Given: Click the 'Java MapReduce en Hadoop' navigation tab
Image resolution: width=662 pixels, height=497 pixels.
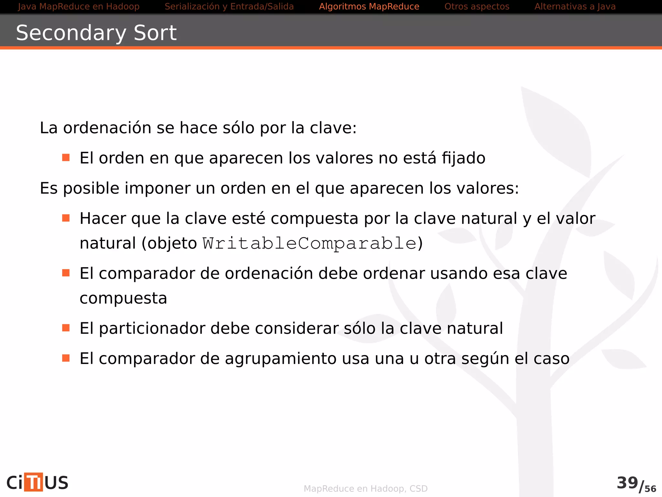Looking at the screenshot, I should coord(79,6).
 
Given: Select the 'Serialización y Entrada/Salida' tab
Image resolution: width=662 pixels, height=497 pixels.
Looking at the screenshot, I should coord(229,6).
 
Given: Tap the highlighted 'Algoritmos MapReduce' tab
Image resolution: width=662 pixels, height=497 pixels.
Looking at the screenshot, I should coord(369,6).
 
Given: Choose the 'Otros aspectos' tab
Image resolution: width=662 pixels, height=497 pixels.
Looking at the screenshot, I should coord(476,6).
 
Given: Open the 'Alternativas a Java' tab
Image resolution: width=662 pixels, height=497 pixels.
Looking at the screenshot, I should coord(575,6).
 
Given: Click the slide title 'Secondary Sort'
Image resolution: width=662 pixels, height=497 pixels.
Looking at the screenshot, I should coord(96,33).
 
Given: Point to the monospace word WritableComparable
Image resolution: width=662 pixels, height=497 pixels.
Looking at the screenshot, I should coord(309,243).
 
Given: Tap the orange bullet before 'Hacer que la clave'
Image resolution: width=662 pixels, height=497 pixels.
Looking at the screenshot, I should coord(66,218).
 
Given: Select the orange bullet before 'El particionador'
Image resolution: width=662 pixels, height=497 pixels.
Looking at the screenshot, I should coord(66,328).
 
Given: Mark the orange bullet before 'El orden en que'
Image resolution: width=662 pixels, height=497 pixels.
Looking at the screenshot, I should coord(66,158).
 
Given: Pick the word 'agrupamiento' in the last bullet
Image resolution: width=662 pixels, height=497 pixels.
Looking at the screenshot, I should coord(281,359).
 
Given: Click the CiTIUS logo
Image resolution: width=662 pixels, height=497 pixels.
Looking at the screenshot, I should coord(37,482).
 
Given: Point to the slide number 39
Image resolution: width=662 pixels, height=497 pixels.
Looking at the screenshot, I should coord(627,483).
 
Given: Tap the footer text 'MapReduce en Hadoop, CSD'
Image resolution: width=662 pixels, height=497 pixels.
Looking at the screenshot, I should coord(365,489).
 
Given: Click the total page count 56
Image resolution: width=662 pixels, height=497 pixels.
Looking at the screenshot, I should coord(650,489).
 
